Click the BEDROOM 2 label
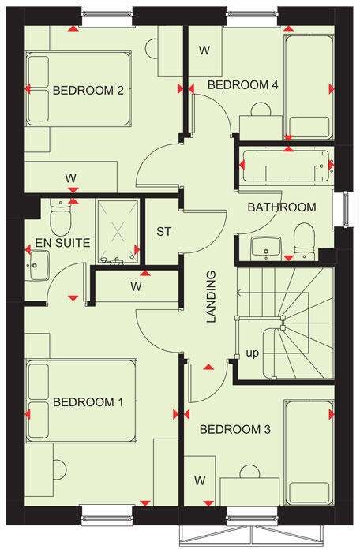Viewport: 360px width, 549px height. pyautogui.click(x=88, y=91)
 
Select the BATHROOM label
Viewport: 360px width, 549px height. pyautogui.click(x=281, y=207)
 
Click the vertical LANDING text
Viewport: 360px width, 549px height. pyautogui.click(x=211, y=297)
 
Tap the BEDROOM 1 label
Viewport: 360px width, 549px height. pyautogui.click(x=88, y=402)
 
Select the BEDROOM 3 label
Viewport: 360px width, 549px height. pyautogui.click(x=234, y=430)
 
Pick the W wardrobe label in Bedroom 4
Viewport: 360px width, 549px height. pyautogui.click(x=204, y=50)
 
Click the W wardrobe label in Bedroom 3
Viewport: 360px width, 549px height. pyautogui.click(x=200, y=480)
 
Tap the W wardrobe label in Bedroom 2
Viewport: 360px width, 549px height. pyautogui.click(x=71, y=177)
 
